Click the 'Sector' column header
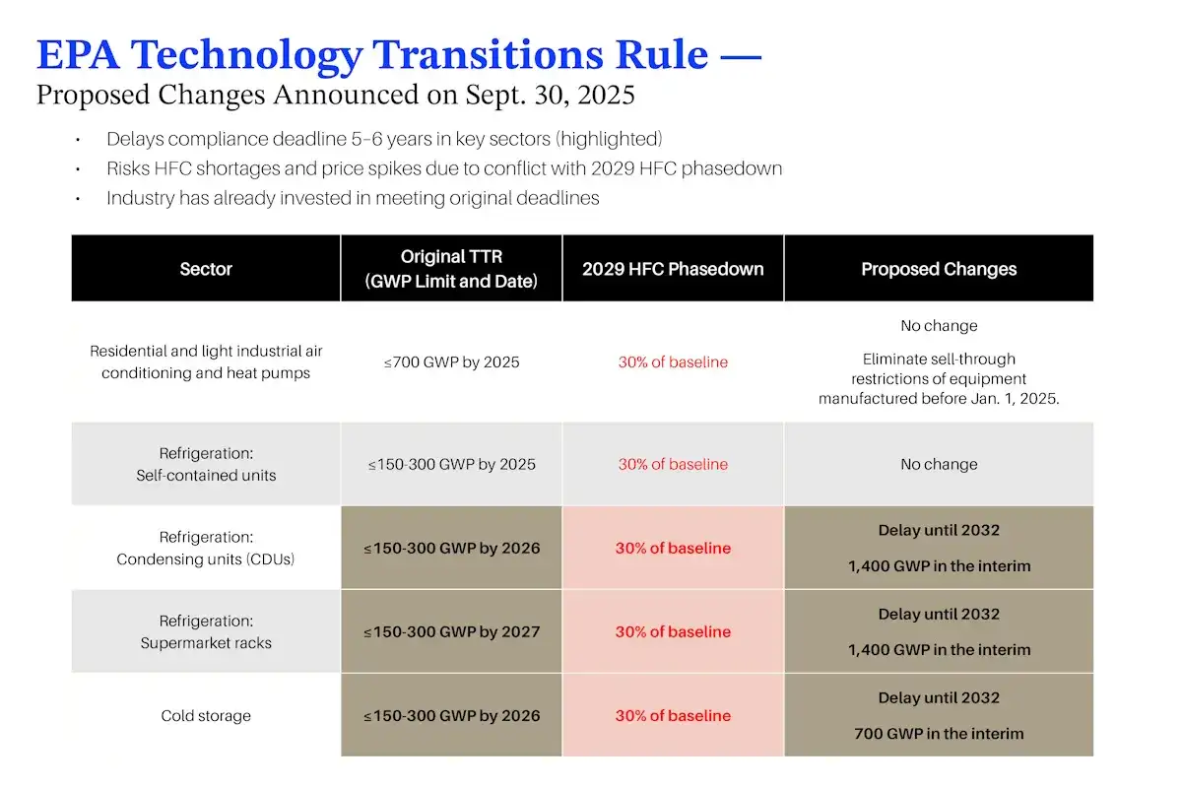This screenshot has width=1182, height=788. tap(206, 269)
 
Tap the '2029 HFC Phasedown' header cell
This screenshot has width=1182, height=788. tap(673, 269)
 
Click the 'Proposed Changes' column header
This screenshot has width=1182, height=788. tap(939, 269)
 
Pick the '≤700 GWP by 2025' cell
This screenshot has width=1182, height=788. tap(451, 362)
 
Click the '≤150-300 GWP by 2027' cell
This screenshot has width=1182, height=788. tap(451, 631)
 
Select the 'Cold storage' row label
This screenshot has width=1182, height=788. tap(206, 716)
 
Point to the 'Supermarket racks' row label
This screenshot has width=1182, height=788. tap(206, 643)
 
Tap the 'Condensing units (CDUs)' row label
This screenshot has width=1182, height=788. tap(206, 559)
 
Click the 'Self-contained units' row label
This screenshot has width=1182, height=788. tap(206, 476)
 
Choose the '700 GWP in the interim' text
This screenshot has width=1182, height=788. tap(939, 734)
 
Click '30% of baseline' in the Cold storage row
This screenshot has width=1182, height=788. tap(673, 716)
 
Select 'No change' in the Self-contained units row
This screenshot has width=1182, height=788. tap(939, 464)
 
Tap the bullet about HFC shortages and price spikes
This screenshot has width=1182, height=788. tap(444, 168)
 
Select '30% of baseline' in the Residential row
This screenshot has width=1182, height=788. tap(673, 362)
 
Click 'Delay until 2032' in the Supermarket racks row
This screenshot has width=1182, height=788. tap(939, 614)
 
